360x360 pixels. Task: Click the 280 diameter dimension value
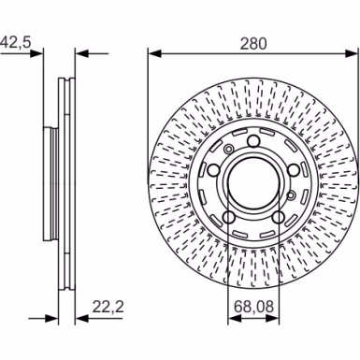click(x=253, y=43)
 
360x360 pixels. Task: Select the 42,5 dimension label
click(x=16, y=42)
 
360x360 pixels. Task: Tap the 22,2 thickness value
click(x=108, y=307)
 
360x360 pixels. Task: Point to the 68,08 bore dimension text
click(x=253, y=307)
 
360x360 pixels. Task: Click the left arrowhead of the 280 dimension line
click(x=154, y=53)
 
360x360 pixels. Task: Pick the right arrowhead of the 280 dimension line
click(x=352, y=53)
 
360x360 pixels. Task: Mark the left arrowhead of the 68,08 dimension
click(x=235, y=319)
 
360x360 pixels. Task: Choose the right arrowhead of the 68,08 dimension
click(x=273, y=319)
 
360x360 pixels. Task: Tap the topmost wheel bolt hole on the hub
click(x=253, y=141)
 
